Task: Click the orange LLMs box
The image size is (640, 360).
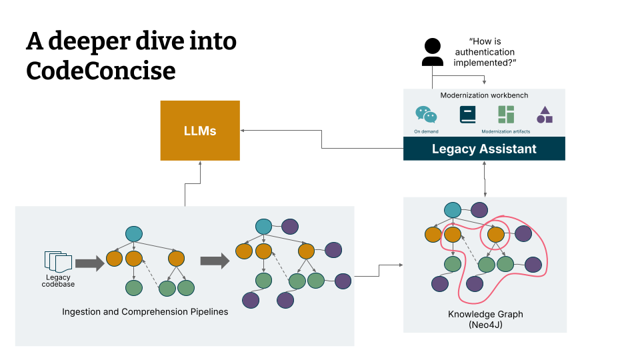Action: click(200, 131)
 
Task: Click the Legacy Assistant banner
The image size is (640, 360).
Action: click(484, 149)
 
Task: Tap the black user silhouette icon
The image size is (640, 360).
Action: click(433, 53)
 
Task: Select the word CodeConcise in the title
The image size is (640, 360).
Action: click(101, 70)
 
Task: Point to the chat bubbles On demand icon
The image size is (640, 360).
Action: click(426, 115)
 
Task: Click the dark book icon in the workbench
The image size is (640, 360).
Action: click(467, 115)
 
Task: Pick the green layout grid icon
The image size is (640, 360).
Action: click(506, 114)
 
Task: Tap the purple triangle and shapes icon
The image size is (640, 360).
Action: click(545, 115)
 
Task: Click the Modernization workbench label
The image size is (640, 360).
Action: click(484, 95)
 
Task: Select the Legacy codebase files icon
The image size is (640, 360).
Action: click(57, 262)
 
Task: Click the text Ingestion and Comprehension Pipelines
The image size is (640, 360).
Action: click(145, 311)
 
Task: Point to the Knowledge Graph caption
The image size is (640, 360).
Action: click(485, 314)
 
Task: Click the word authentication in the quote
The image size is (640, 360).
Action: click(484, 52)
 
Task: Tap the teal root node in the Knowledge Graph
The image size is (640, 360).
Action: click(453, 210)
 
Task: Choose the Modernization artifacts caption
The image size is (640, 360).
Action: click(506, 131)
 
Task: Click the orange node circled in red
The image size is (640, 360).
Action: click(495, 234)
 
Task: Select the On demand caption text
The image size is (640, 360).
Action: click(426, 131)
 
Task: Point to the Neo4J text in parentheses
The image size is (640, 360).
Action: click(485, 324)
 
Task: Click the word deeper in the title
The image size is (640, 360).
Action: click(96, 41)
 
